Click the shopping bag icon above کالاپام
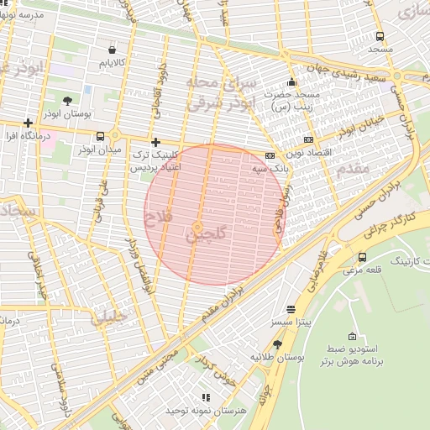(112, 50)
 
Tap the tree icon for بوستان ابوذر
(66, 100)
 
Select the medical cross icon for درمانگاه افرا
(29, 123)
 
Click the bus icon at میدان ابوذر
(101, 136)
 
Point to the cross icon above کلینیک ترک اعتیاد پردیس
(155, 143)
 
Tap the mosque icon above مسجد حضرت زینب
(291, 82)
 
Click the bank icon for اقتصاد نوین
(308, 139)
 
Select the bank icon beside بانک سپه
(270, 155)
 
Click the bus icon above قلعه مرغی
(362, 257)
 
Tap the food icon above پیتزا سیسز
(291, 309)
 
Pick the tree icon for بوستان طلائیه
(278, 344)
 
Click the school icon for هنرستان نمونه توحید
(204, 397)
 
